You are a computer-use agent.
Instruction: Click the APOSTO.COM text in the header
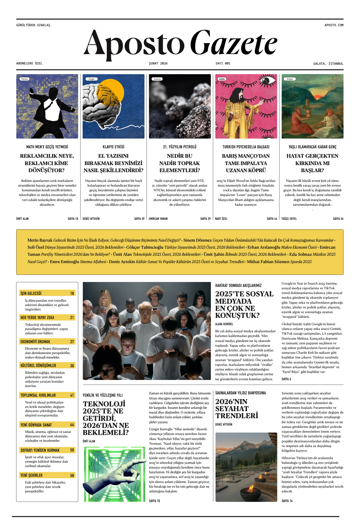(334, 25)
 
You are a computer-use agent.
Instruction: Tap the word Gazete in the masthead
(234, 44)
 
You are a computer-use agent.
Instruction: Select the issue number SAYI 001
(223, 63)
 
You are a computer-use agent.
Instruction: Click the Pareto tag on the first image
(24, 79)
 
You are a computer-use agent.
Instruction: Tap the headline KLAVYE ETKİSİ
(114, 147)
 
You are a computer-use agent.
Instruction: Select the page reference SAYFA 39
(139, 219)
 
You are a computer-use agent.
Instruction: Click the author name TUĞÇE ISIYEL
(289, 219)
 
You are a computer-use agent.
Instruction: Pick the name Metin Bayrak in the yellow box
(40, 240)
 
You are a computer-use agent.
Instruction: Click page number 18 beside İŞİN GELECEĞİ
(72, 293)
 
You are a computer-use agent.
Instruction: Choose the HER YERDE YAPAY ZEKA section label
(37, 318)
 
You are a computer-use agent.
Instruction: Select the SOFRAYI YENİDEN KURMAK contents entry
(40, 450)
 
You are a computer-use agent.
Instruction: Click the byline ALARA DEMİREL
(224, 324)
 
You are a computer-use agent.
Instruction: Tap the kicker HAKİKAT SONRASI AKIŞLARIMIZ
(238, 285)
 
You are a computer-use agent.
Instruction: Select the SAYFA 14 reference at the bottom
(287, 501)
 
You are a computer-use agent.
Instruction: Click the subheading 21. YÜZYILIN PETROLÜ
(180, 147)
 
